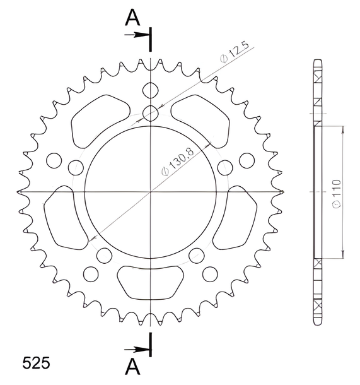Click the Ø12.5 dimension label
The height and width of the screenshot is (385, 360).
click(235, 52)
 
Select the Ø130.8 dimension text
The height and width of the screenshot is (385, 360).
click(178, 160)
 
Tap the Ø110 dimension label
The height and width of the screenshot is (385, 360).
click(337, 194)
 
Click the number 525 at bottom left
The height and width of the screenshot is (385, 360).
click(36, 363)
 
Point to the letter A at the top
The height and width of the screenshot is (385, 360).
click(132, 18)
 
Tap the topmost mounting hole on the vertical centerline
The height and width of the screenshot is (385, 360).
click(150, 90)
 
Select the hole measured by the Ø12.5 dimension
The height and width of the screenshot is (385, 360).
click(150, 113)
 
